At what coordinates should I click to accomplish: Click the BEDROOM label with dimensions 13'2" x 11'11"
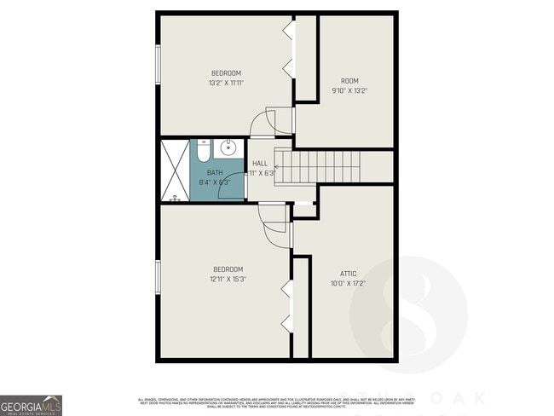tap(226, 72)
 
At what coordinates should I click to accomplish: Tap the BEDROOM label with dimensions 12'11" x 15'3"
tap(228, 269)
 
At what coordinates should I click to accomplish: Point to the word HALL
tap(260, 163)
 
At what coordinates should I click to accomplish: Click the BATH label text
tap(214, 172)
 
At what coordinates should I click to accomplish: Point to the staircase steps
tap(324, 165)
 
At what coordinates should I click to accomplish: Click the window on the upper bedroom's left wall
tap(158, 64)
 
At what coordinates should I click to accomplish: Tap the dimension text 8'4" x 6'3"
tap(214, 182)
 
